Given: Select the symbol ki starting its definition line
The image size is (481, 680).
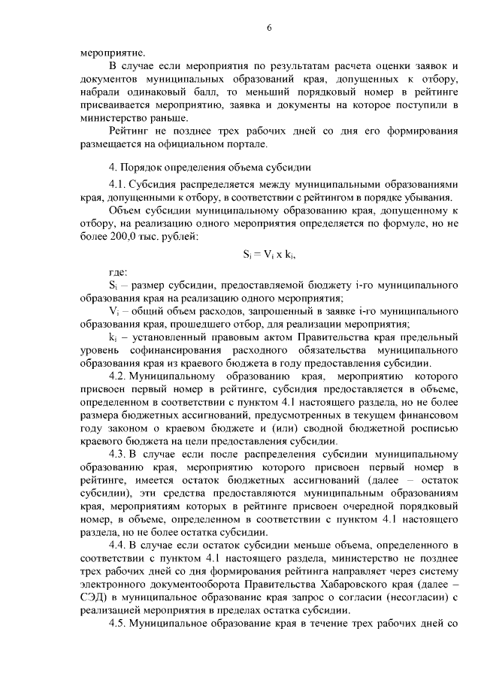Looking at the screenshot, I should (113, 337).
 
